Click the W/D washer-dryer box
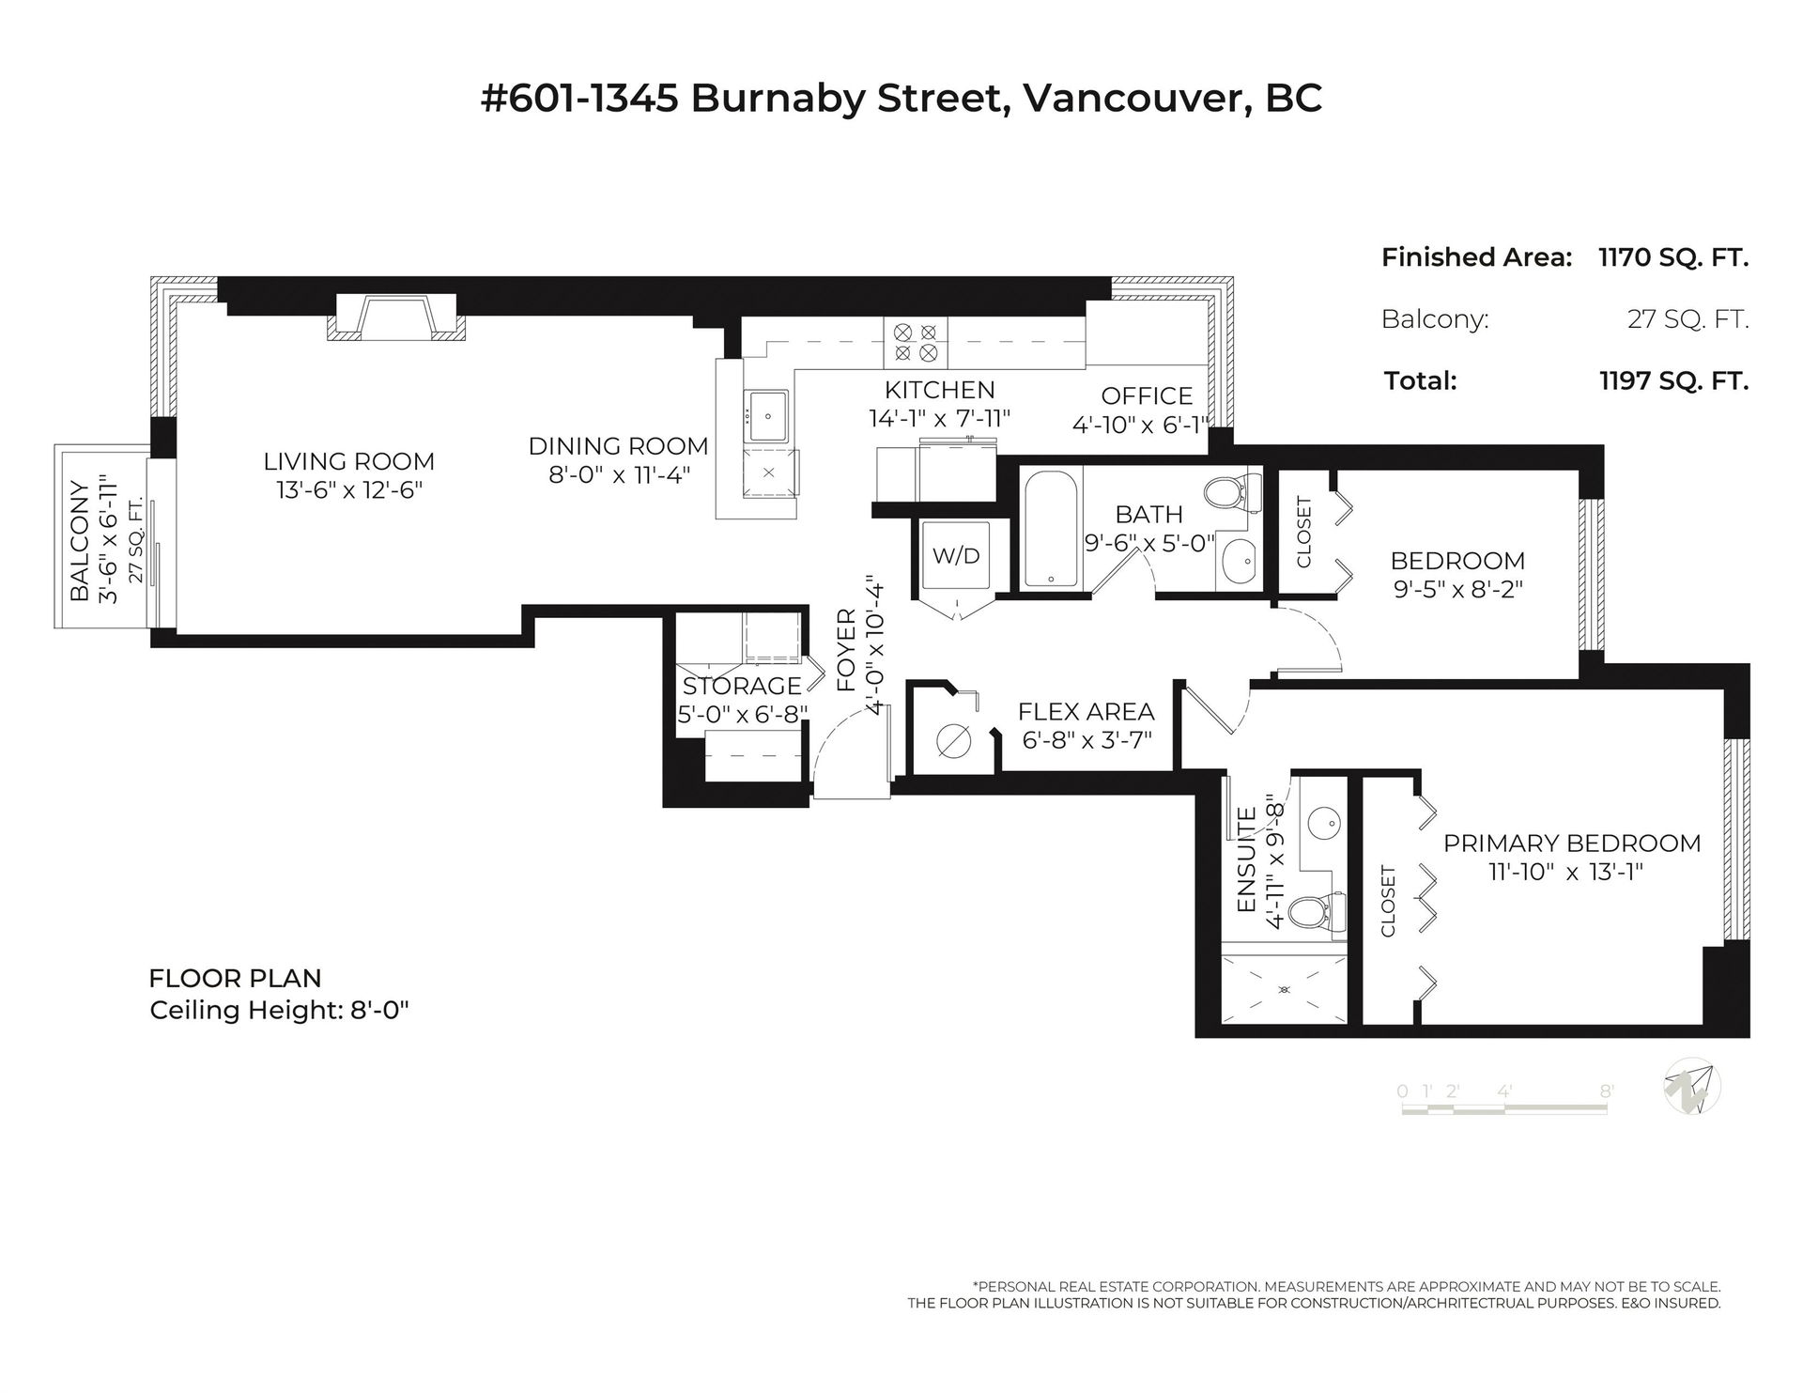tap(956, 556)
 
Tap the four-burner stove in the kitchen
tap(916, 343)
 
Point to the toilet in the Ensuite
tap(1314, 910)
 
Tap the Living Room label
tap(349, 461)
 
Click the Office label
tap(1147, 395)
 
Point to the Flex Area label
tap(1086, 712)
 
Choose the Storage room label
tap(742, 686)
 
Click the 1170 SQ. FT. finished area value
tap(1673, 257)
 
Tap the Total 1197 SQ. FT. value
tap(1673, 380)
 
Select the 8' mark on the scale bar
tap(1607, 1091)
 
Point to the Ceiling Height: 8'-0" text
tap(281, 1011)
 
